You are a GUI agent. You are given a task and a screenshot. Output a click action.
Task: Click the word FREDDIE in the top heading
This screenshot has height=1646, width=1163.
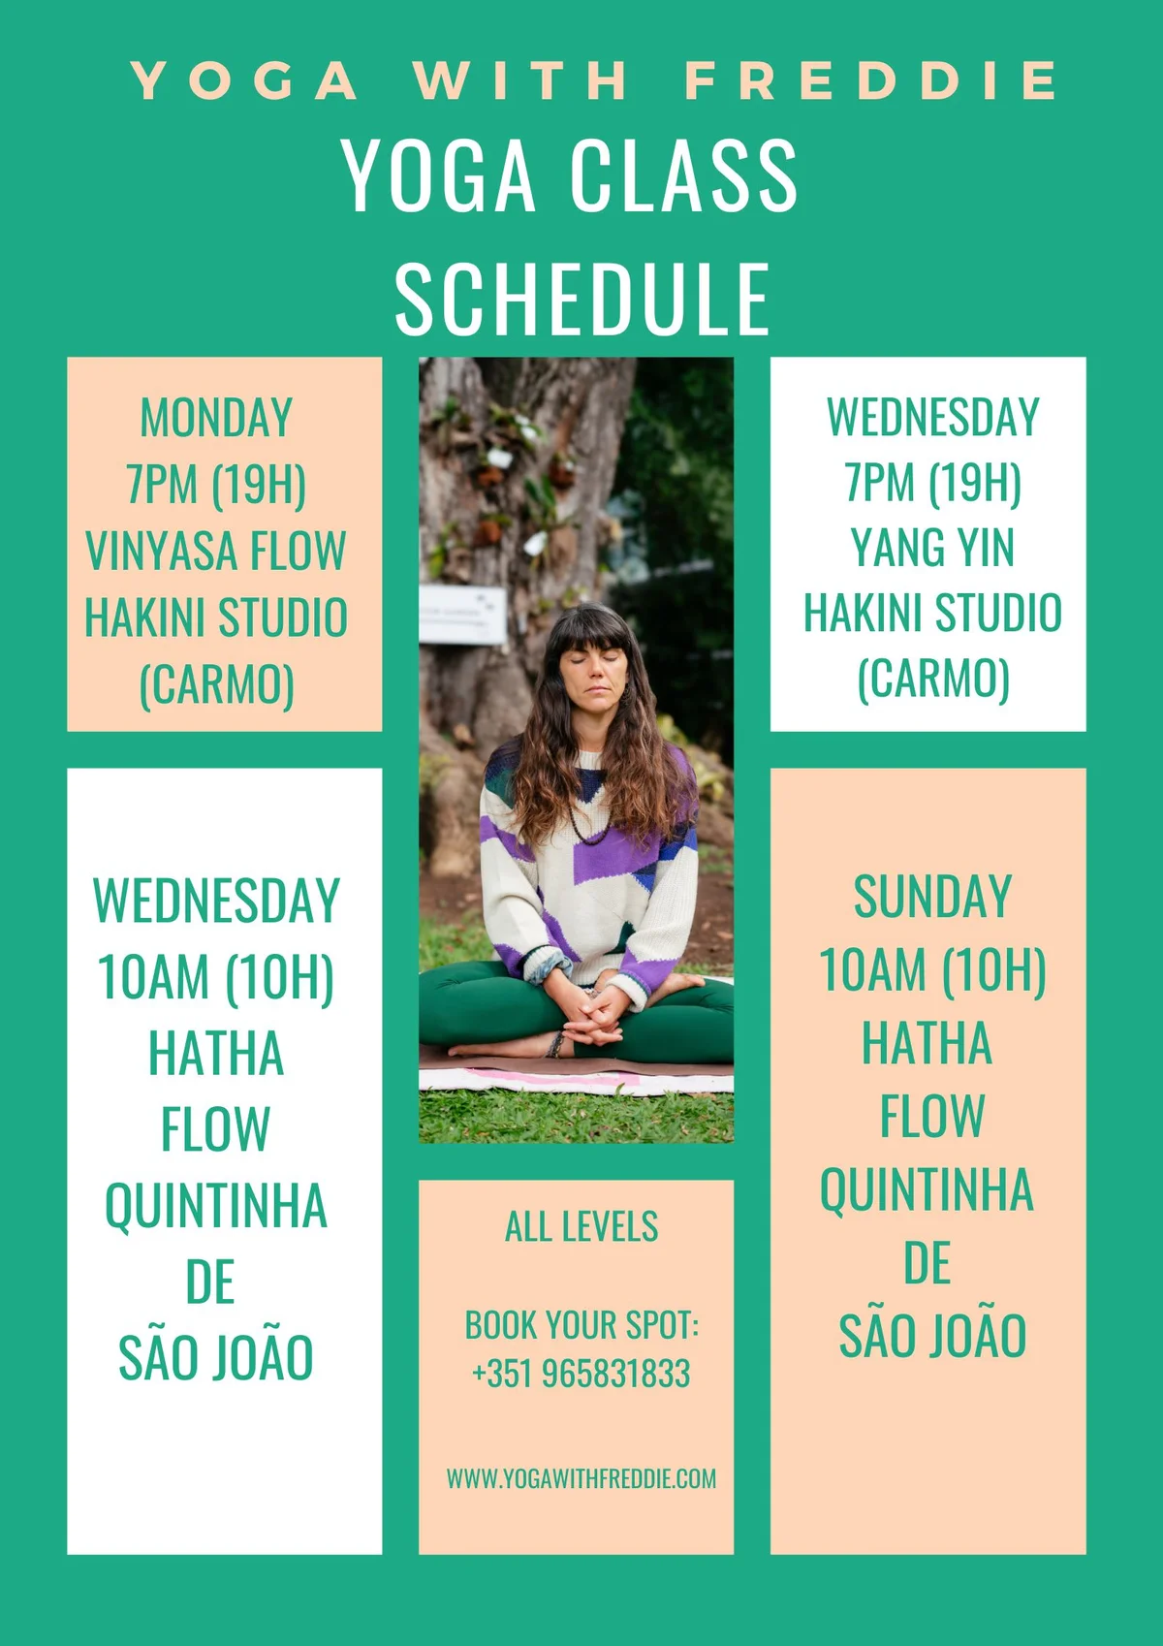[871, 80]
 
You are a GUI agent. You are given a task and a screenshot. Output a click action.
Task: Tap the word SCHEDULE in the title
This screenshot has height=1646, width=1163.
[582, 300]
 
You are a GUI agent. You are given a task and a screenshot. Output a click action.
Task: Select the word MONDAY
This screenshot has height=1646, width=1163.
[216, 418]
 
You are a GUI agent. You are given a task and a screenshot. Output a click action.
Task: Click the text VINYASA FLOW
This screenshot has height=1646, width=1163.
[216, 551]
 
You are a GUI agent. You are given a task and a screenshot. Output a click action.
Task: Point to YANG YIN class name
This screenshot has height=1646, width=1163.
[932, 548]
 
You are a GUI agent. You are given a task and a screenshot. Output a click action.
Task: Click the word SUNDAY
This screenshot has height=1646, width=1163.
[932, 897]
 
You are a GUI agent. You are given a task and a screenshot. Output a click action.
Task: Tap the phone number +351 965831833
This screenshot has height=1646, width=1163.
[581, 1374]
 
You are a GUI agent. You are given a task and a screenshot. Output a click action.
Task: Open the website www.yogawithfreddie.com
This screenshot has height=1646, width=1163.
[581, 1478]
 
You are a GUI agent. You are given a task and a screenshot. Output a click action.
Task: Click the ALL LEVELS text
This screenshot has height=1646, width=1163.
[581, 1226]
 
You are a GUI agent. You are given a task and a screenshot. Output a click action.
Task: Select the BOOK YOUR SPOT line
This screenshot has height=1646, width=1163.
[581, 1325]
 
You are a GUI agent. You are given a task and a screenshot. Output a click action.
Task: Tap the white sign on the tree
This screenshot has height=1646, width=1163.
[462, 614]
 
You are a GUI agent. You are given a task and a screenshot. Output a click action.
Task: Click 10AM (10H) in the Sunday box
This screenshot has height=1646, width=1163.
[932, 970]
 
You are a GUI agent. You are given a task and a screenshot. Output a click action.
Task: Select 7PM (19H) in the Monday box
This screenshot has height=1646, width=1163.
[216, 485]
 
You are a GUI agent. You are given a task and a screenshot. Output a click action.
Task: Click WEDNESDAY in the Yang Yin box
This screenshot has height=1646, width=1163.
[932, 417]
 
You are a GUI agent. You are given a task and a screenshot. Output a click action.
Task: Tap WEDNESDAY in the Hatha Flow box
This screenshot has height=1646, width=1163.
[216, 901]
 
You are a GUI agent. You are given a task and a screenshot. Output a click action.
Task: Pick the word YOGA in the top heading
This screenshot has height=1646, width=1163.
[244, 80]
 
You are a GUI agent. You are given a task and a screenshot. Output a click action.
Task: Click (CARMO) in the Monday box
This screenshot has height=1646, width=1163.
[216, 684]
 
